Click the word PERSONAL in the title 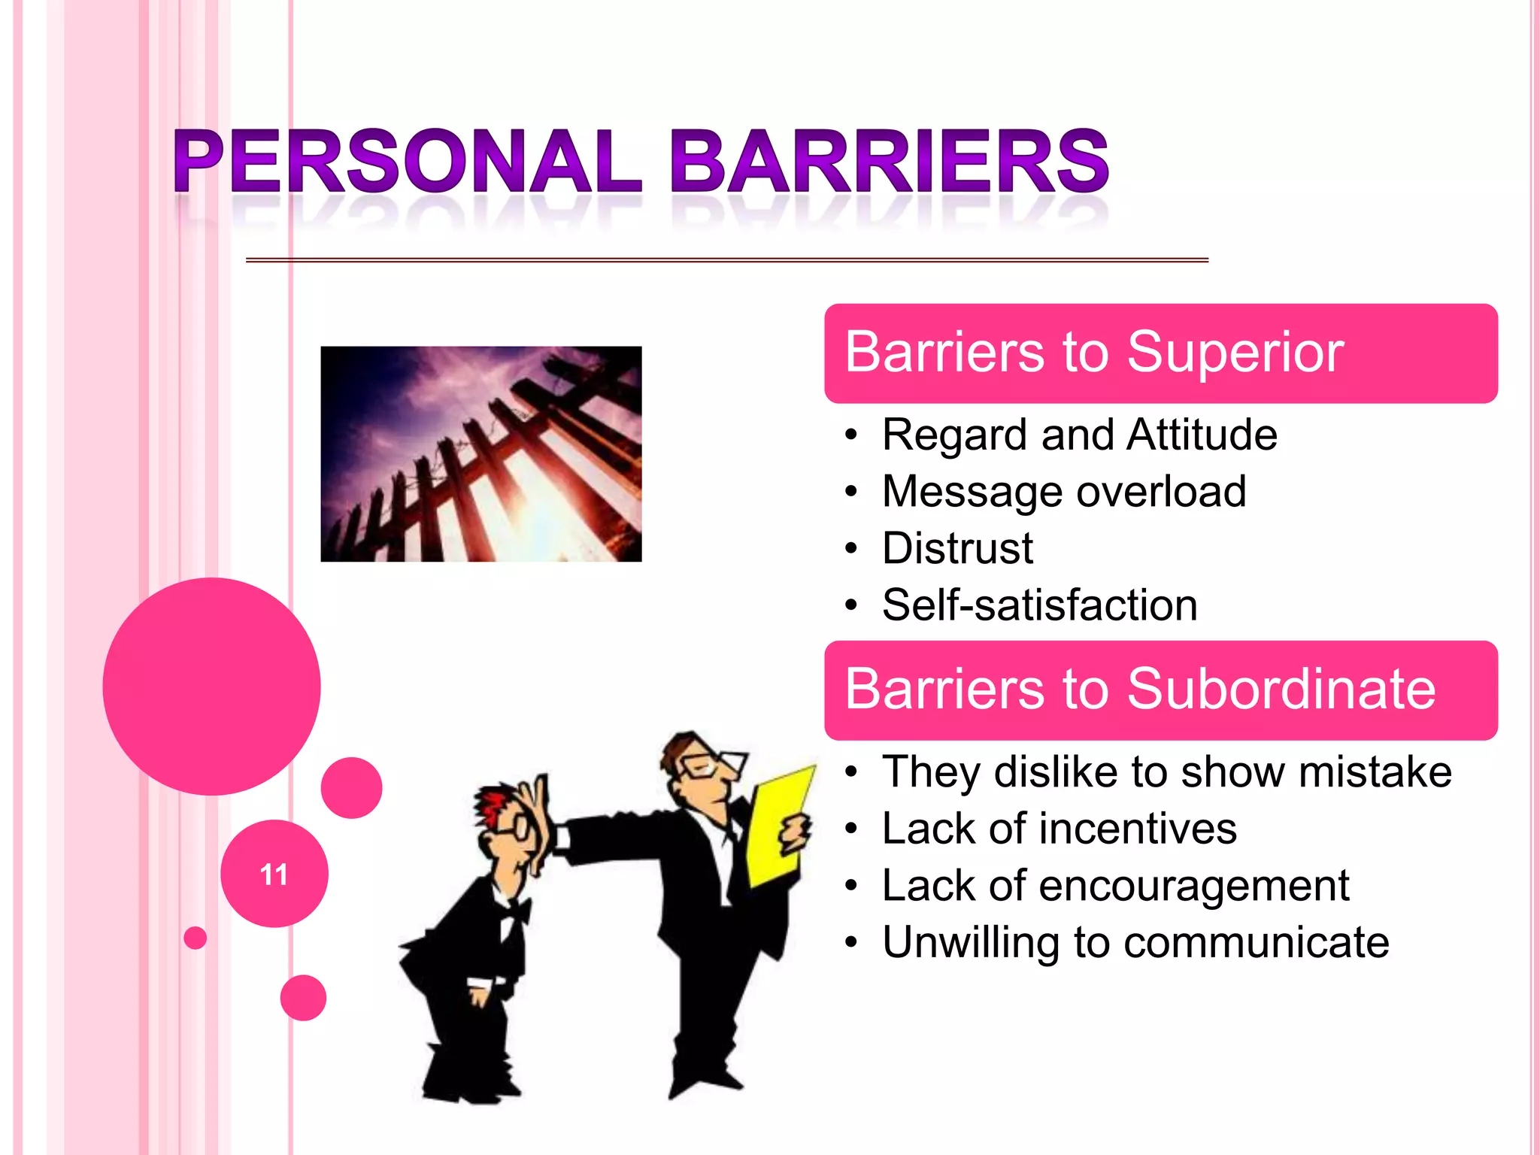[406, 162]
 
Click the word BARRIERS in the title [889, 162]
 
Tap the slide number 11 [274, 875]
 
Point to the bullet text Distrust [957, 548]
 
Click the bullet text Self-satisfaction [1039, 605]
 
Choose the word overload [1161, 492]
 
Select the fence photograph [481, 453]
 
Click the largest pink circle [211, 686]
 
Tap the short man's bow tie [516, 912]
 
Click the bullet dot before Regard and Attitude [850, 435]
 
